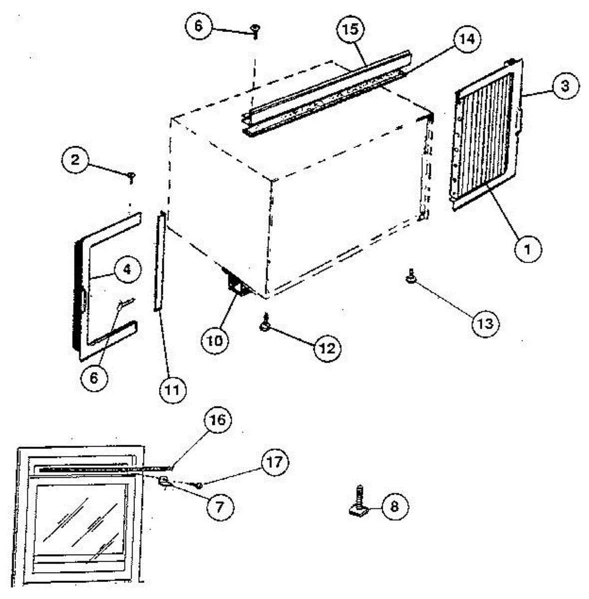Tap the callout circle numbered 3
[564, 86]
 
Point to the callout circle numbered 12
[327, 347]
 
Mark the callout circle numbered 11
[171, 388]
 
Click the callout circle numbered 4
[126, 269]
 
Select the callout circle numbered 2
[75, 160]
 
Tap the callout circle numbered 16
[218, 420]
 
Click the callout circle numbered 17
[275, 462]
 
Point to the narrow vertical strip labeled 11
[159, 262]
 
